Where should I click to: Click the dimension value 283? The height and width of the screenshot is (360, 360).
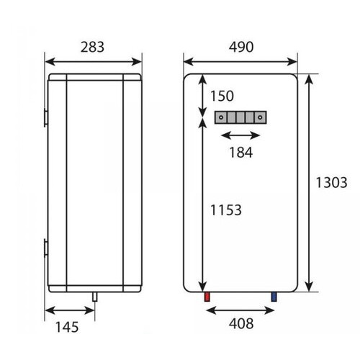point(91,47)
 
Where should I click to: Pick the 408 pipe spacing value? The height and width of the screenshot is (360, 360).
point(240,323)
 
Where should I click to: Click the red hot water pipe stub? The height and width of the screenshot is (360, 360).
point(206,297)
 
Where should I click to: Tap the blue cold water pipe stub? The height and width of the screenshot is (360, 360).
point(274,297)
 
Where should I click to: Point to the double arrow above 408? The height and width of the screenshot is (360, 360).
point(240,310)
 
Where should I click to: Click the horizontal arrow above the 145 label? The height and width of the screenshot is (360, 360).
point(69,310)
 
